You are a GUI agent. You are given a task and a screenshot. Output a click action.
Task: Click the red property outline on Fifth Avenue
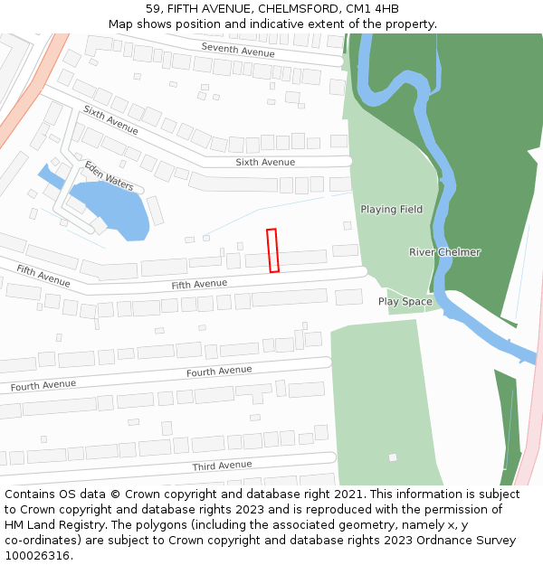272,250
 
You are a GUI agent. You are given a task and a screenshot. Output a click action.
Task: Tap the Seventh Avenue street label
238,50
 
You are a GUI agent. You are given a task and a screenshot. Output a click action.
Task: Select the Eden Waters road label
109,176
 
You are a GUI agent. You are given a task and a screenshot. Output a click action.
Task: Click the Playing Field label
391,210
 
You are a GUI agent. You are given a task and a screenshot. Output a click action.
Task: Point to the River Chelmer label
444,252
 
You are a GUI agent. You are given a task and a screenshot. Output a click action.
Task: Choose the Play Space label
405,302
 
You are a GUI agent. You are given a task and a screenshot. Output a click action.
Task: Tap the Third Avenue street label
222,466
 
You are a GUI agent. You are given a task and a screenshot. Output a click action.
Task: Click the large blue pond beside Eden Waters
110,206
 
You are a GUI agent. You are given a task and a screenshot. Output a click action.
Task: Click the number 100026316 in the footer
35,556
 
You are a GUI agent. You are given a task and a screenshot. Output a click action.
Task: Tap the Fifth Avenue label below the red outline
199,284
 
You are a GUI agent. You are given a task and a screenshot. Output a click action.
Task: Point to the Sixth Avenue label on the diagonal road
110,121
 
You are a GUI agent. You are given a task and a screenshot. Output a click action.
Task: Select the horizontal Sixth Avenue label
265,163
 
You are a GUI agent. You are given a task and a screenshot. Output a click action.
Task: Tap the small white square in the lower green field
393,457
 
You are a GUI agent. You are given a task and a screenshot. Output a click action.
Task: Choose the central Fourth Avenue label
219,372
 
